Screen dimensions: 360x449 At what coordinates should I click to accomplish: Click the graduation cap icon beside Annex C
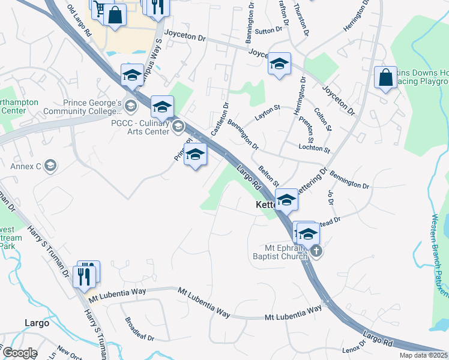pyautogui.click(x=50, y=166)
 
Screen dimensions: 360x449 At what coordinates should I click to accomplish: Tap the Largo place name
pyautogui.click(x=37, y=323)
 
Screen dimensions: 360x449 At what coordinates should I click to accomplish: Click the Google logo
pyautogui.click(x=20, y=353)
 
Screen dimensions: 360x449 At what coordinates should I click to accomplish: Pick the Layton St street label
pyautogui.click(x=268, y=112)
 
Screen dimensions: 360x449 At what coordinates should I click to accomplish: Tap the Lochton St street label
pyautogui.click(x=313, y=148)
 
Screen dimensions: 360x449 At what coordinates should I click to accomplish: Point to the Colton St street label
pyautogui.click(x=324, y=119)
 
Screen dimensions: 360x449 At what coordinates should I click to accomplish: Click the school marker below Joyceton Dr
pyautogui.click(x=279, y=64)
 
